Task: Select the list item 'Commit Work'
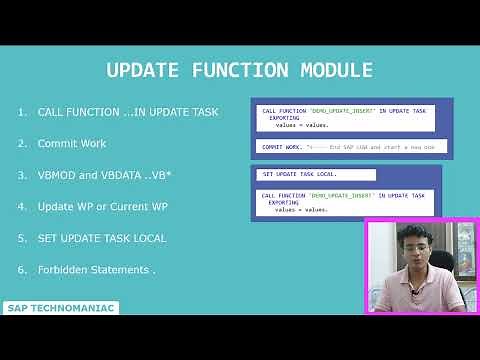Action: tap(72, 144)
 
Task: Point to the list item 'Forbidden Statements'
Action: tap(97, 270)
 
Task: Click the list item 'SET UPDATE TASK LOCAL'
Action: tap(102, 238)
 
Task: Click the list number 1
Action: tap(21, 112)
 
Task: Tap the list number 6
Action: tap(21, 270)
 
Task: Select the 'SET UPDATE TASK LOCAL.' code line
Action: tap(299, 174)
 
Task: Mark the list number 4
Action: tap(21, 207)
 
